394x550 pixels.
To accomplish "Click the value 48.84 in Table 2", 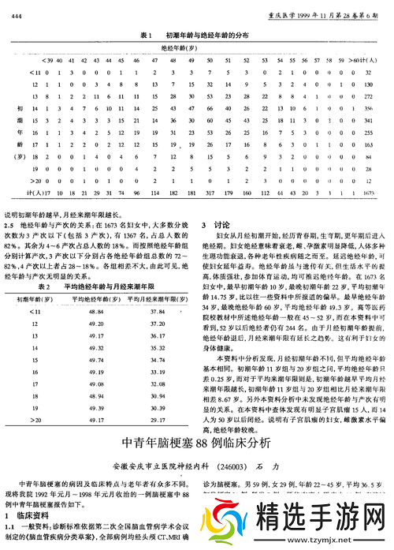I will pyautogui.click(x=94, y=312).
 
